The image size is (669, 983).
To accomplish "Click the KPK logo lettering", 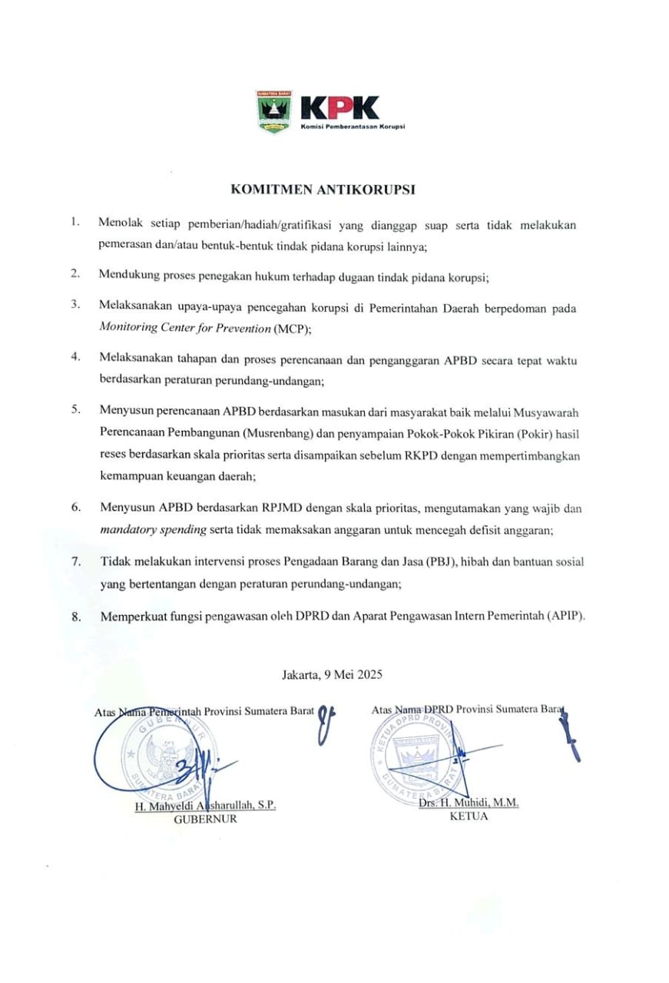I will [339, 108].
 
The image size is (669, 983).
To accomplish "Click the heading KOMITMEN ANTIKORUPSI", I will [335, 187].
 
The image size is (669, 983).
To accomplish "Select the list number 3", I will [76, 304].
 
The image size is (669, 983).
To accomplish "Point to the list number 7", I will [76, 561].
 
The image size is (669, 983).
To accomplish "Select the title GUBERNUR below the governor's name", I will [205, 819].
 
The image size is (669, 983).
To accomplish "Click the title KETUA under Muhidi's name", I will [469, 816].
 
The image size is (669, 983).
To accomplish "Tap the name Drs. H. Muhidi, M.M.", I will [469, 803].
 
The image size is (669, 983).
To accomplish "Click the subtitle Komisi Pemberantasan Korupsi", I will [353, 127].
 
